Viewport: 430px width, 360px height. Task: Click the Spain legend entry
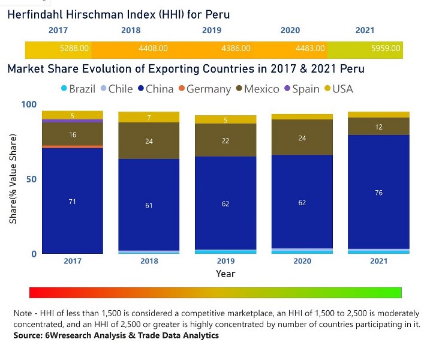[x=301, y=89]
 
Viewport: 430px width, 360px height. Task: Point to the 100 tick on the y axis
[x=29, y=104]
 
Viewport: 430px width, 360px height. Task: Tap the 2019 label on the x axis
[x=225, y=261]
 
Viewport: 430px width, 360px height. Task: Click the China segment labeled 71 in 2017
[x=72, y=202]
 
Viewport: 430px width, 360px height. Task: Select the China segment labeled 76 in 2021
[x=378, y=193]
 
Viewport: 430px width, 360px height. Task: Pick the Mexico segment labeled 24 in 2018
[x=149, y=141]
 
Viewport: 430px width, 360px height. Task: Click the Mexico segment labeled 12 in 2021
[x=378, y=127]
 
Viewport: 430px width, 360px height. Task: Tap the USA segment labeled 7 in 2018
[x=149, y=118]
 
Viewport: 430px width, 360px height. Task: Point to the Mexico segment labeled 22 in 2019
[x=225, y=140]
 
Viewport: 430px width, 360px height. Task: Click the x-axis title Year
[x=225, y=274]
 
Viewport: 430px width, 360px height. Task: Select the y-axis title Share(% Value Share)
[x=13, y=179]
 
